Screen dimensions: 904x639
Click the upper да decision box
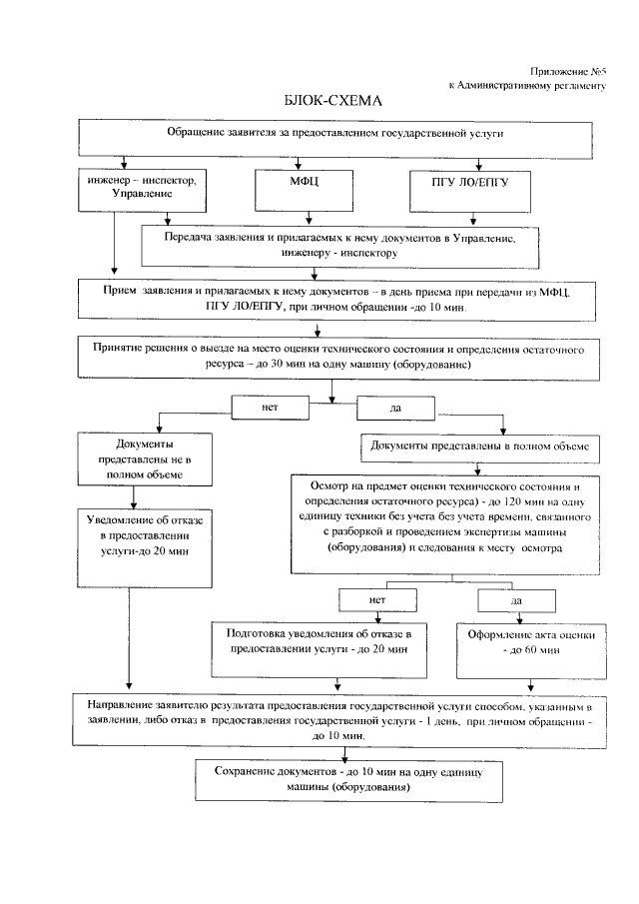click(x=394, y=409)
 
